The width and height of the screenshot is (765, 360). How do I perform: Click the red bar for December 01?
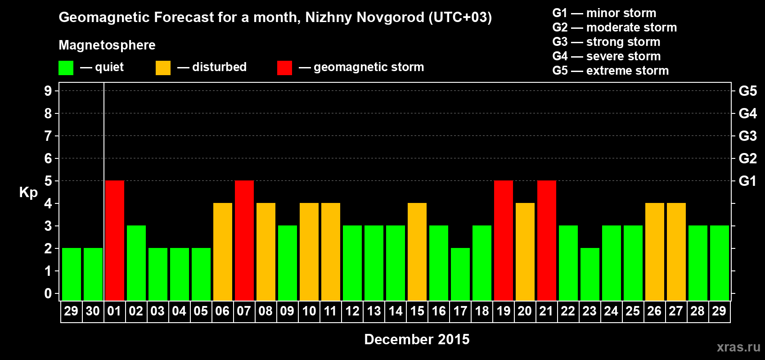[114, 240]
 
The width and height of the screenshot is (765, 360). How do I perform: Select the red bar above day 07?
[244, 240]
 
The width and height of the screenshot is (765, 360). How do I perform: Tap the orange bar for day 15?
[417, 252]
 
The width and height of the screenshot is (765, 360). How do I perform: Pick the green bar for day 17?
[460, 274]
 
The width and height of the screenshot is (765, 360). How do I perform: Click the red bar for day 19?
[503, 240]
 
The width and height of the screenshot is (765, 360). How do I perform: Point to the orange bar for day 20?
[525, 252]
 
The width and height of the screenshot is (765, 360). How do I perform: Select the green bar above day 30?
[93, 274]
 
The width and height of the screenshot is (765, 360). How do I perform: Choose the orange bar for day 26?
[654, 252]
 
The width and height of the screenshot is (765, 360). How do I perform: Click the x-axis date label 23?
[589, 311]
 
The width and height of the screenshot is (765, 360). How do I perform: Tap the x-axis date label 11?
[330, 311]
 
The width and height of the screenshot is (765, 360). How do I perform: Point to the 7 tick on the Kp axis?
[48, 136]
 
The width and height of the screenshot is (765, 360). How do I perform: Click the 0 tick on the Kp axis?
[48, 293]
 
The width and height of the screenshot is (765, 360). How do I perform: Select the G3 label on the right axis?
[747, 136]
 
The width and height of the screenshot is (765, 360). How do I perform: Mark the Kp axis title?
[28, 193]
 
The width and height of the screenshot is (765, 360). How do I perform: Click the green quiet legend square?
[66, 68]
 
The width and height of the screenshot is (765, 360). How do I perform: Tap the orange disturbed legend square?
[163, 68]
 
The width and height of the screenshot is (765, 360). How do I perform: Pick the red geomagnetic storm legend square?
[284, 68]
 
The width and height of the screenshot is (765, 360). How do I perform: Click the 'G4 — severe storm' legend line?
[606, 56]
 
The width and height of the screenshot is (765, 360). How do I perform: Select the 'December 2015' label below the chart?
[417, 339]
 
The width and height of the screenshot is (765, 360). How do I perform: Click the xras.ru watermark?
[738, 347]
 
